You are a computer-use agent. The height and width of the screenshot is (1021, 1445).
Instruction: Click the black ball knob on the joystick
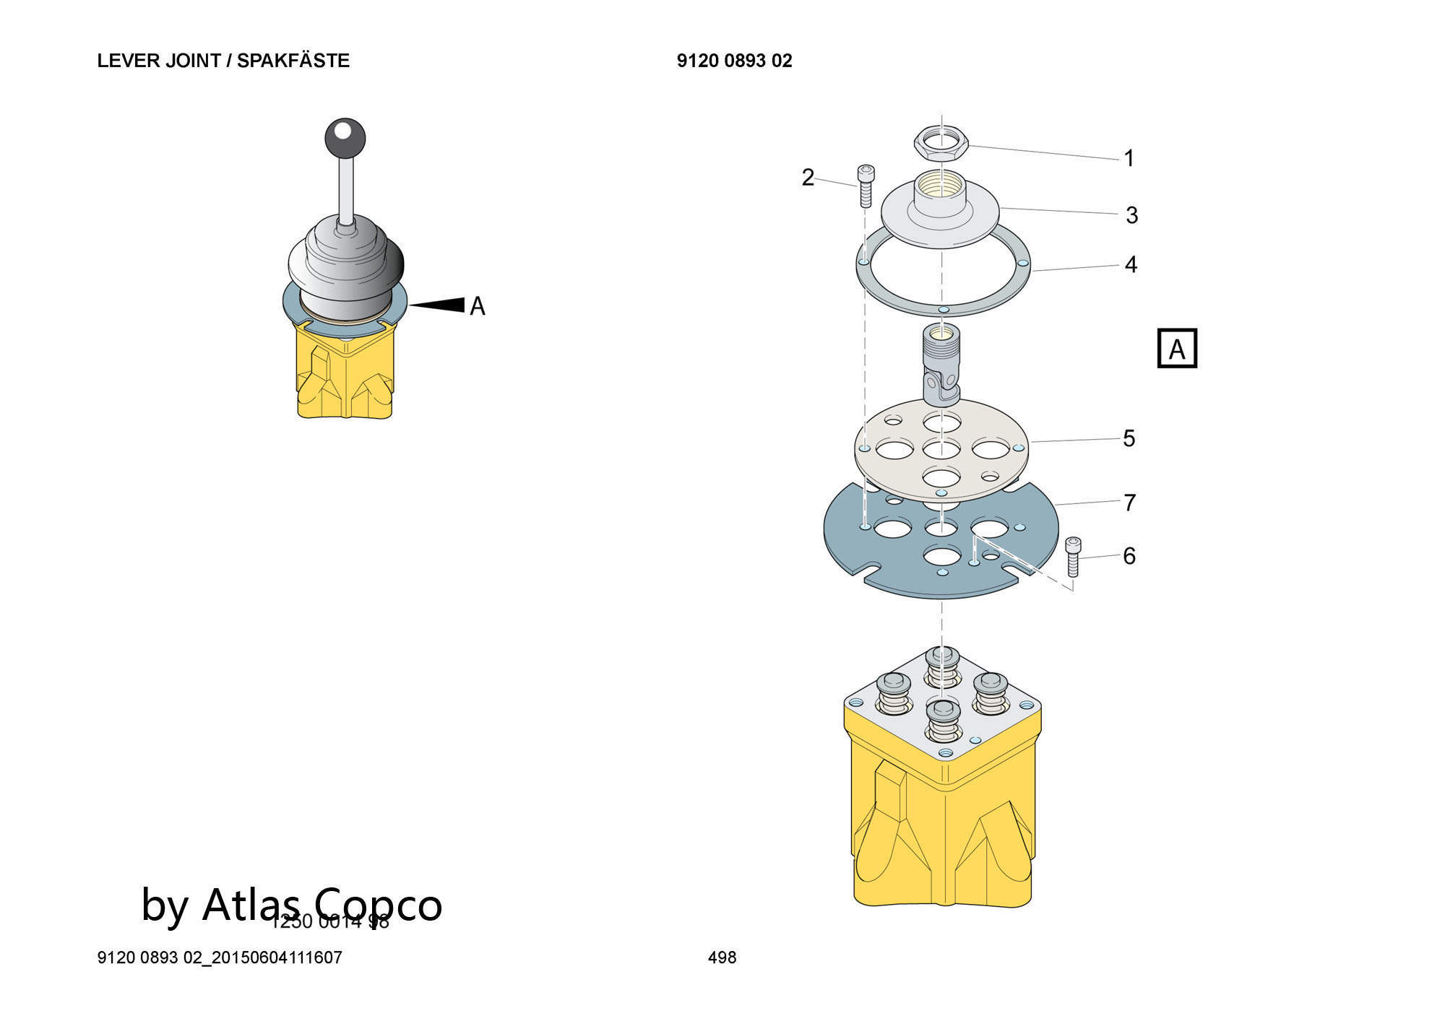tap(345, 138)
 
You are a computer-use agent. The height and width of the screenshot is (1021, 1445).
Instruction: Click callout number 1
tap(1129, 158)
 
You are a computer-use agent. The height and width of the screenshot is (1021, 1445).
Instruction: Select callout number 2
tap(808, 177)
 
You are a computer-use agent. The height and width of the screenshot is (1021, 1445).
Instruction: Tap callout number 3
tap(1131, 215)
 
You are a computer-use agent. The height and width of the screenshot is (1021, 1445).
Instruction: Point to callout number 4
tap(1131, 265)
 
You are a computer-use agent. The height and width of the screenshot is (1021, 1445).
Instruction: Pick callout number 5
tap(1129, 438)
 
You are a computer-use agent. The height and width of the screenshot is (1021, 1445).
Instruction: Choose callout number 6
tap(1129, 556)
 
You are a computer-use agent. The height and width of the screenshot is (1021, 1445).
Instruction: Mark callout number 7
tap(1130, 503)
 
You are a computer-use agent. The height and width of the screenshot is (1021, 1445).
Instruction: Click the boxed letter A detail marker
tap(1177, 349)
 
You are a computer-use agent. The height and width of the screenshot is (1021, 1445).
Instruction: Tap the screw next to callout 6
tap(1073, 556)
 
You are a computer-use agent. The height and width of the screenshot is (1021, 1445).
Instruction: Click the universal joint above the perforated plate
tap(941, 365)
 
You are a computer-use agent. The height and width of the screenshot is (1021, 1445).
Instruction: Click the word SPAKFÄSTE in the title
tap(293, 61)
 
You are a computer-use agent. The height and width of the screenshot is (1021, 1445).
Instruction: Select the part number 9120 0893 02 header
tap(734, 61)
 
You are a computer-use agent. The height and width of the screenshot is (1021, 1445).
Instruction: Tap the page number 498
tap(722, 957)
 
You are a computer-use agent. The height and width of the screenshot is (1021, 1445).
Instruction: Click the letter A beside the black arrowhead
tap(478, 306)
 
